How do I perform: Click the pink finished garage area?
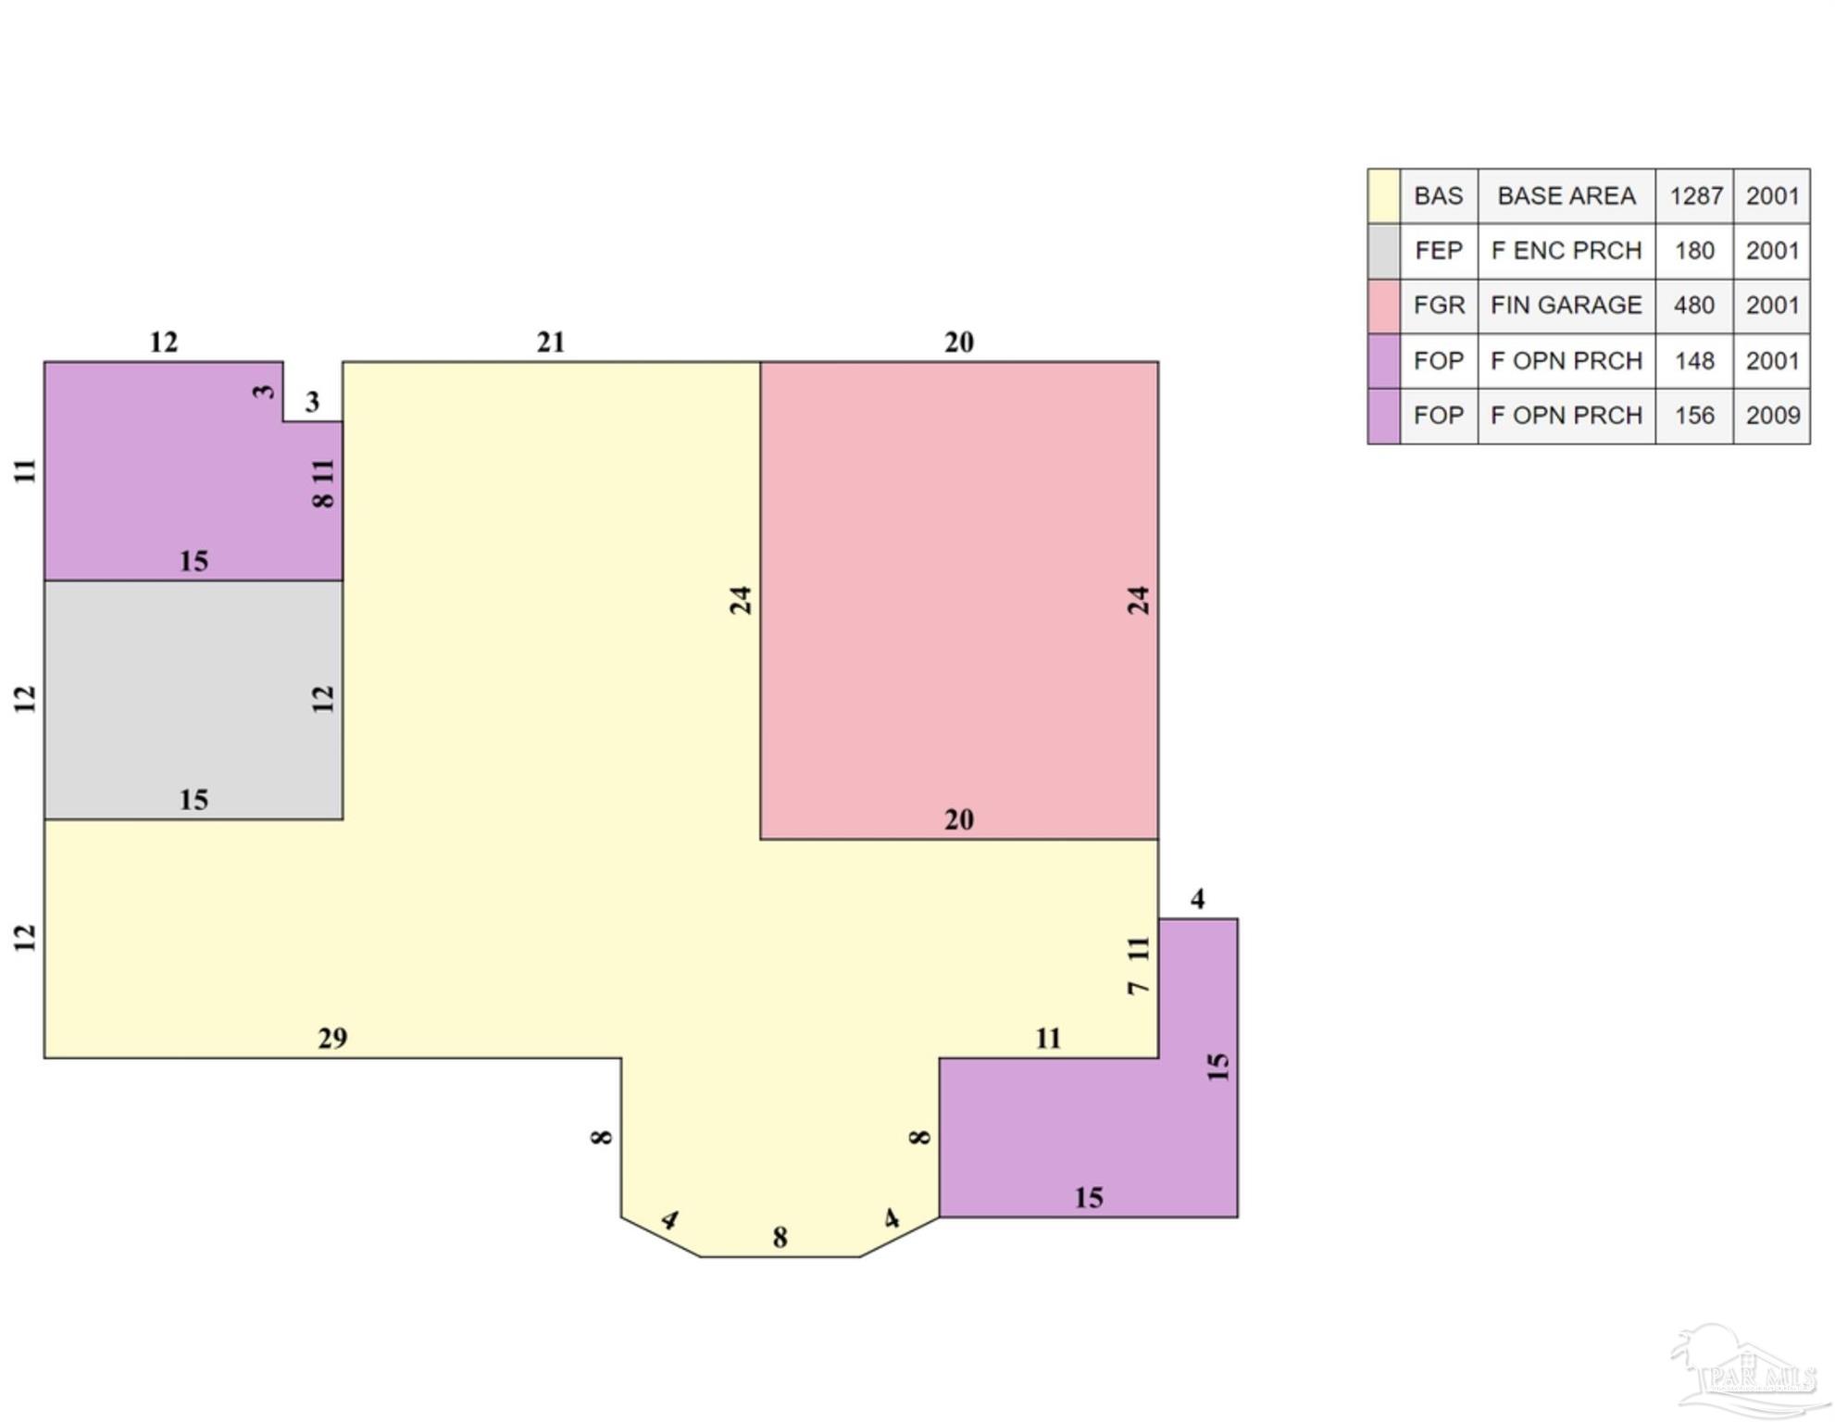(x=959, y=600)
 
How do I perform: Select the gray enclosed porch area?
(x=193, y=700)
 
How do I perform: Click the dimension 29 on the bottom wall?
(x=332, y=1038)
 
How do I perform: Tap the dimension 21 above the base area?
(x=551, y=343)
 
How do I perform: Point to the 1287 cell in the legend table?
(x=1694, y=196)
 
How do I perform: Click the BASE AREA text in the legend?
(x=1567, y=196)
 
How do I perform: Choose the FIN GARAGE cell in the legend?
(x=1567, y=306)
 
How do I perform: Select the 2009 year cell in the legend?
(x=1772, y=416)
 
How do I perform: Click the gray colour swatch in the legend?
(x=1384, y=251)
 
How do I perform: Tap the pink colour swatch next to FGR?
(x=1384, y=306)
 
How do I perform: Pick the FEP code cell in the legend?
(x=1439, y=251)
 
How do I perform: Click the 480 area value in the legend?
(x=1694, y=306)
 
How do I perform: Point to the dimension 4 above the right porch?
(x=1197, y=899)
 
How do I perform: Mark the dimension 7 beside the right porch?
(x=1138, y=988)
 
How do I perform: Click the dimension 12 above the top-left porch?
(x=164, y=343)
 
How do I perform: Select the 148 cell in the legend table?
(x=1694, y=361)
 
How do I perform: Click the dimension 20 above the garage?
(x=959, y=343)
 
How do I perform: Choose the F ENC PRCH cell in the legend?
(x=1567, y=251)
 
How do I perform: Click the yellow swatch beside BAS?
(x=1384, y=196)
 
